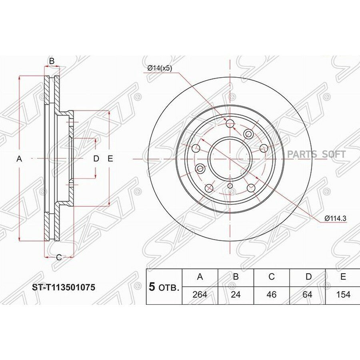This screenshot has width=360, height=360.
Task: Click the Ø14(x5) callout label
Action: tap(160, 68)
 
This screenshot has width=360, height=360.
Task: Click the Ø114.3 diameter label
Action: tap(335, 218)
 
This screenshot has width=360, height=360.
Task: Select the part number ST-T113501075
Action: tap(64, 287)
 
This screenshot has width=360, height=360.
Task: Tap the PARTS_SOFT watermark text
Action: tap(316, 154)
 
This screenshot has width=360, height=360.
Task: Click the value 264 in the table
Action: tap(200, 294)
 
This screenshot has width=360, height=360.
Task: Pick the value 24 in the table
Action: tap(236, 294)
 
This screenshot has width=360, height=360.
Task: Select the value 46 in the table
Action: tap(272, 294)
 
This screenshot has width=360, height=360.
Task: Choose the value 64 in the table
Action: tap(308, 294)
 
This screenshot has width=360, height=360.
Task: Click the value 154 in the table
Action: tap(343, 294)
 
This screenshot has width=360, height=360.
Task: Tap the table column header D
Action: tap(309, 277)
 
